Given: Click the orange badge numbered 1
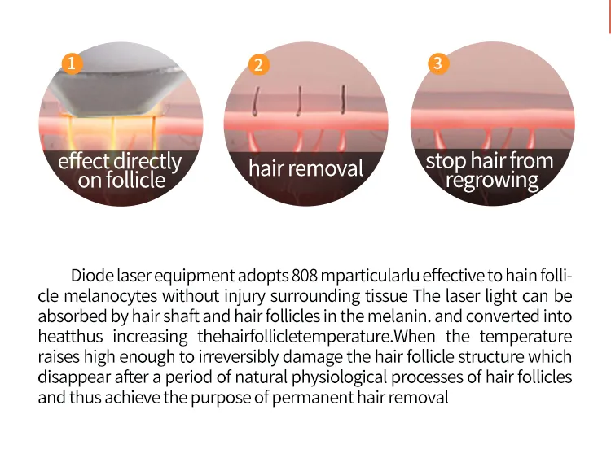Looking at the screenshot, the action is click(x=72, y=63).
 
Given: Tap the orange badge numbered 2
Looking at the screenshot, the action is click(x=259, y=64).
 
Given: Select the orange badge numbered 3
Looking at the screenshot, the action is click(x=438, y=63).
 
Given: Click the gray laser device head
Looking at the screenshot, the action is click(x=116, y=85).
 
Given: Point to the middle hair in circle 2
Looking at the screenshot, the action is click(x=299, y=101).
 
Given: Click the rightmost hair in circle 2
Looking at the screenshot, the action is click(x=343, y=99).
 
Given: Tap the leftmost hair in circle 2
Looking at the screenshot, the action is click(x=256, y=102).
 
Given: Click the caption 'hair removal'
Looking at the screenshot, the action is click(x=305, y=168).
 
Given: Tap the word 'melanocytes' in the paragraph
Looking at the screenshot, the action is click(x=111, y=296).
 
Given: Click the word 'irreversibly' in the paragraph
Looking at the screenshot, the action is click(x=239, y=357).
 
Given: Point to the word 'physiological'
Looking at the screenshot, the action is click(x=340, y=377).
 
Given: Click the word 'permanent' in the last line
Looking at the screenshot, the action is click(x=313, y=398).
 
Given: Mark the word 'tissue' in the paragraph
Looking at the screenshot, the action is click(x=386, y=296).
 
